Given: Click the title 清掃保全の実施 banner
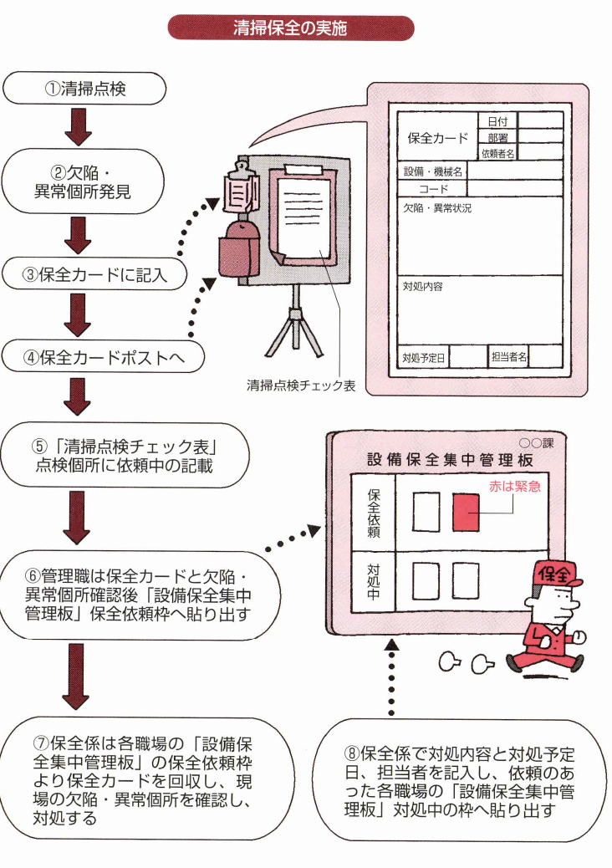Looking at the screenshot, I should (290, 28).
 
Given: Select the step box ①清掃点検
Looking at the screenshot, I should (85, 88).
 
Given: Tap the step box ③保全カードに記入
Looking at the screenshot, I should (93, 273).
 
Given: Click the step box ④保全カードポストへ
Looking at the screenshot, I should (103, 357).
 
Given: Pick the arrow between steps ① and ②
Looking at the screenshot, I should (77, 126).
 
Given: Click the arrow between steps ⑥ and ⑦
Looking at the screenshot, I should (77, 677).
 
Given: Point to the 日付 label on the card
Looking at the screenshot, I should (497, 121).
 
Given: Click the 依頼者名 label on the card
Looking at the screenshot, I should (497, 153).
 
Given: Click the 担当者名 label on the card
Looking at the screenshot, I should (509, 358).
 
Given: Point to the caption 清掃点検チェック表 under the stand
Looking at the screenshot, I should (301, 385).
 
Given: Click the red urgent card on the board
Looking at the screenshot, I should (466, 511).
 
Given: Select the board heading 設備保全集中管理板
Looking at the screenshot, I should (449, 459).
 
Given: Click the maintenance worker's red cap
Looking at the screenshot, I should (558, 574).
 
